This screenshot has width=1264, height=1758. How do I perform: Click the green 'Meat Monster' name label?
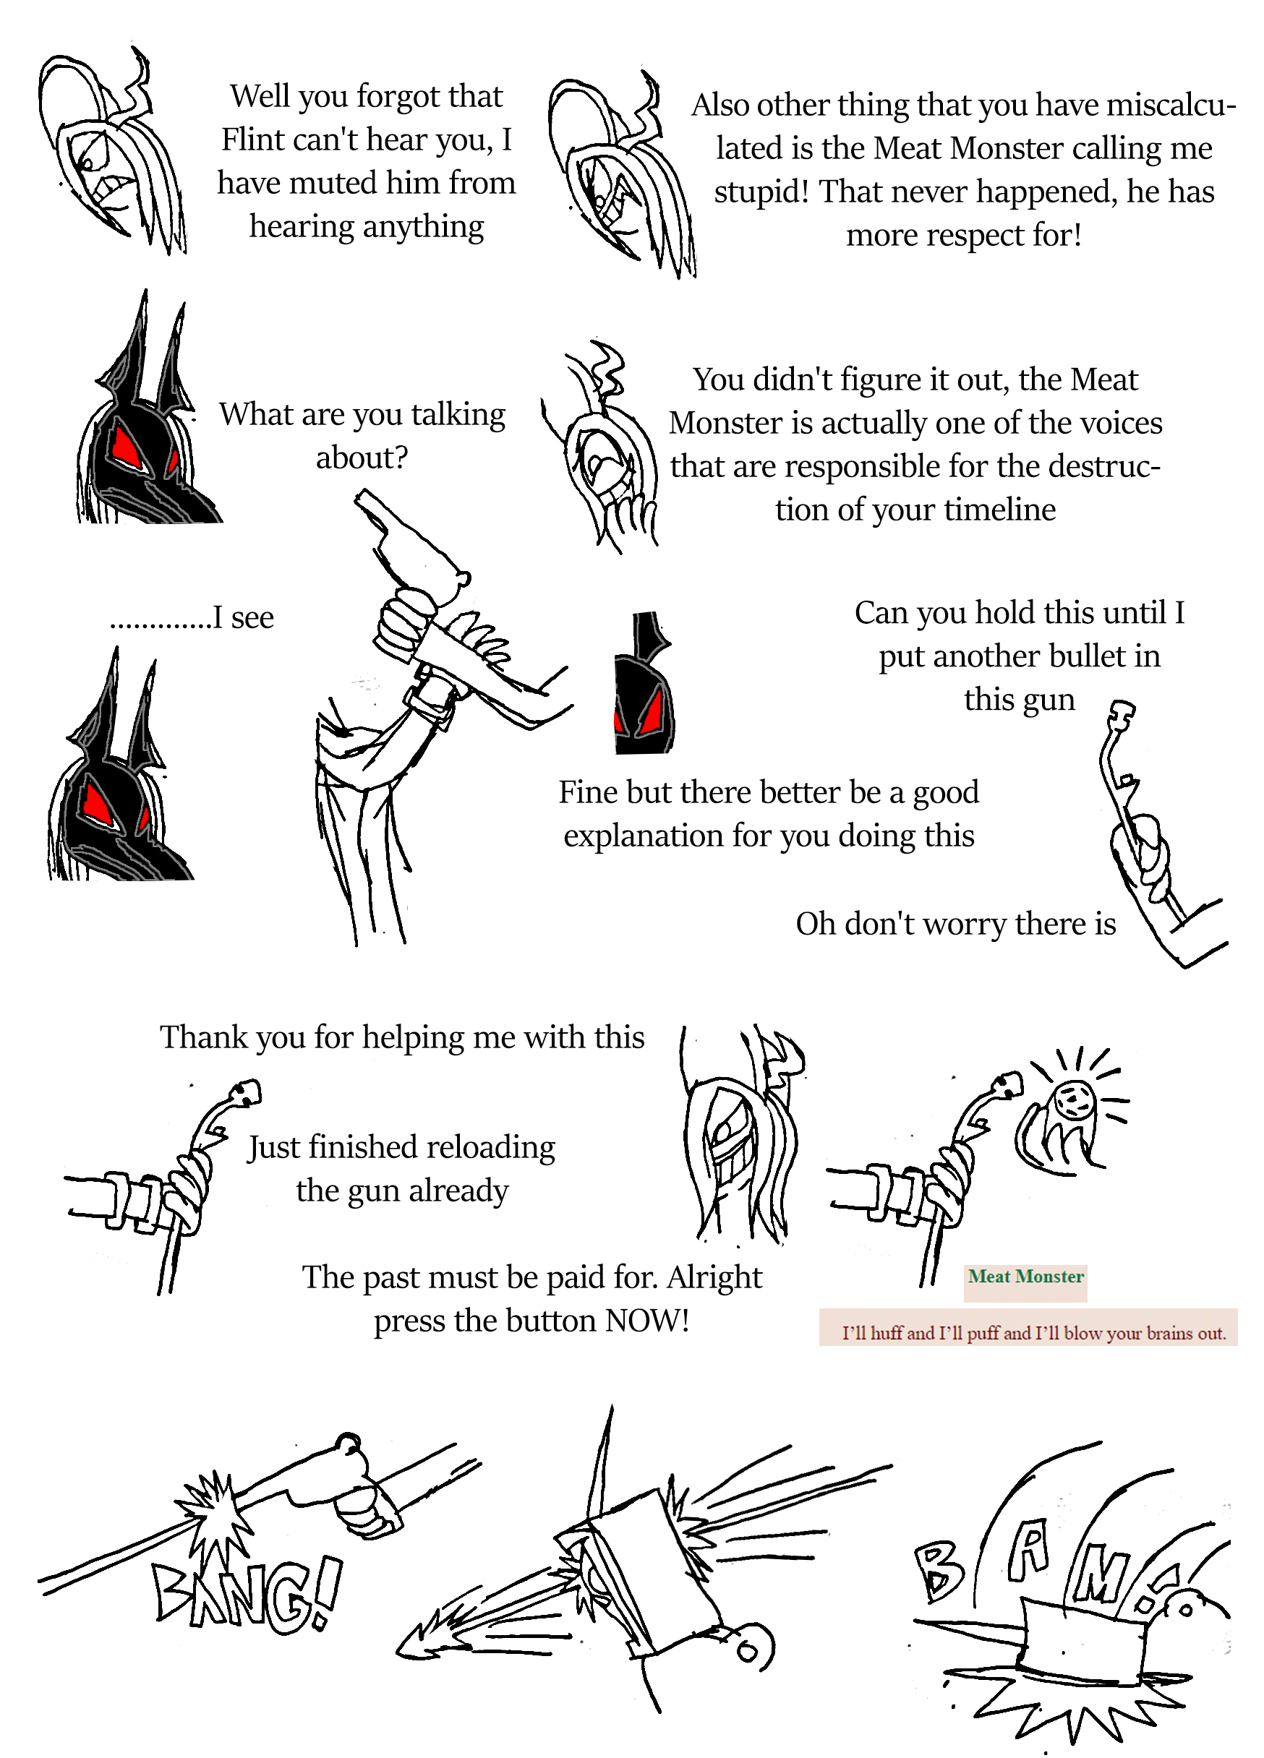pyautogui.click(x=1025, y=1276)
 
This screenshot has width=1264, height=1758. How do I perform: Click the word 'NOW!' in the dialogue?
pyautogui.click(x=647, y=1320)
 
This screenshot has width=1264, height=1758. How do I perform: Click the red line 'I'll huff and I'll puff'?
pyautogui.click(x=1033, y=1333)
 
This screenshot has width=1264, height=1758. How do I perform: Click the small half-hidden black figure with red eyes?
pyautogui.click(x=644, y=683)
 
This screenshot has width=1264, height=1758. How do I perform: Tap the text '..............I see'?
pyautogui.click(x=192, y=617)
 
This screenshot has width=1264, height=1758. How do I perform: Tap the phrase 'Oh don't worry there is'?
pyautogui.click(x=955, y=923)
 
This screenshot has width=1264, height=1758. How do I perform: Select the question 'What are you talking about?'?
pyautogui.click(x=362, y=436)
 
